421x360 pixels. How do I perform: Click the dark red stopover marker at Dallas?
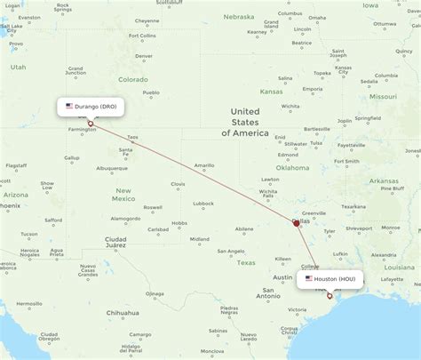[297, 223]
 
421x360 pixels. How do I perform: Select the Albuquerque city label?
[112, 167]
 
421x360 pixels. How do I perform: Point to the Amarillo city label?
[205, 165]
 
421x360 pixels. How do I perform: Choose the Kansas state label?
[271, 92]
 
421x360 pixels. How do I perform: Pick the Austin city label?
[282, 277]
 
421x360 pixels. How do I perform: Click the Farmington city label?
[83, 130]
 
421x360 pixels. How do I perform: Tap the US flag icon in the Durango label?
[69, 106]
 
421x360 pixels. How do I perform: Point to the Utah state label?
[19, 67]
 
